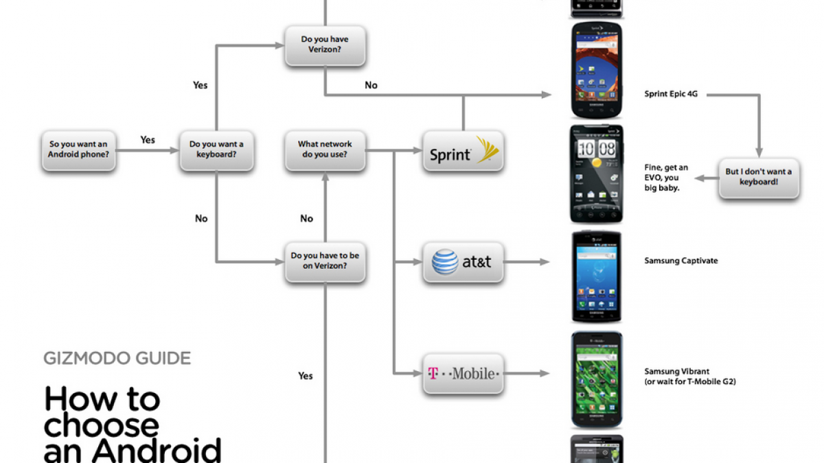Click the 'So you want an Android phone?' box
78,150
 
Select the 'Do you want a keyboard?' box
216,150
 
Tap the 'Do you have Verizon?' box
325,45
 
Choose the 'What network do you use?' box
325,150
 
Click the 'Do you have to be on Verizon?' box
325,261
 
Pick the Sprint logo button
463,152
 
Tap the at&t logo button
463,261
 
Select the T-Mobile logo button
463,374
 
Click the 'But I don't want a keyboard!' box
759,177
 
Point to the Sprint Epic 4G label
671,95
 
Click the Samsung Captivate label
681,261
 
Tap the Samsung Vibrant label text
676,371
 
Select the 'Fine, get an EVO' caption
666,178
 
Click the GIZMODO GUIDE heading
117,358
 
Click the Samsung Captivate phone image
596,276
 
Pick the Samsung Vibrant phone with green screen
596,380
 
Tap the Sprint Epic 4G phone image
596,70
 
